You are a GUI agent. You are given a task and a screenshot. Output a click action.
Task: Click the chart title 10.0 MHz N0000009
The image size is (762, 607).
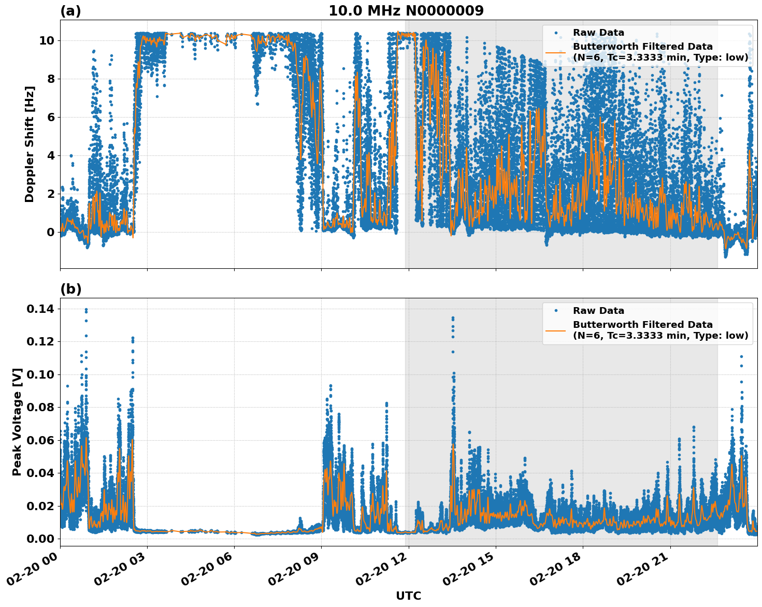pyautogui.click(x=406, y=11)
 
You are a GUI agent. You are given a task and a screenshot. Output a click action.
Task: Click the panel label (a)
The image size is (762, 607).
pyautogui.click(x=70, y=11)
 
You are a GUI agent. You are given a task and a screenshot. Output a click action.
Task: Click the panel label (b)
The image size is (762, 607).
pyautogui.click(x=70, y=289)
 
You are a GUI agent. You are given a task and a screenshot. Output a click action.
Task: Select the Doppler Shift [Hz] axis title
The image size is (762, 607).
pyautogui.click(x=30, y=144)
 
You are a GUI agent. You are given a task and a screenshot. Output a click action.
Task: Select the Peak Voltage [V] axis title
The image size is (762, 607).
pyautogui.click(x=17, y=422)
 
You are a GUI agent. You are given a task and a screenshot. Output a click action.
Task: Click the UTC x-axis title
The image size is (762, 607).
pyautogui.click(x=408, y=596)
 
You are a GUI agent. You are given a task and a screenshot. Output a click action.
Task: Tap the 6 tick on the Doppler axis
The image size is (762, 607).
pyautogui.click(x=50, y=117)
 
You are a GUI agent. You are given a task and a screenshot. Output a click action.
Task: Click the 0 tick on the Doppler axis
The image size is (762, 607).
pyautogui.click(x=50, y=232)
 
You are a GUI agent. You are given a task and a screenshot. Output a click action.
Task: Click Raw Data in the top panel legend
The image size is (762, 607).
pyautogui.click(x=598, y=33)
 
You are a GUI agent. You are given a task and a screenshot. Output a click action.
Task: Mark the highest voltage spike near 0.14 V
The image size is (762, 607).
pyautogui.click(x=86, y=310)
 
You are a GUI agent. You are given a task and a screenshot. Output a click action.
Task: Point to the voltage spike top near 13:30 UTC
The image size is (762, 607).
pyautogui.click(x=453, y=318)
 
